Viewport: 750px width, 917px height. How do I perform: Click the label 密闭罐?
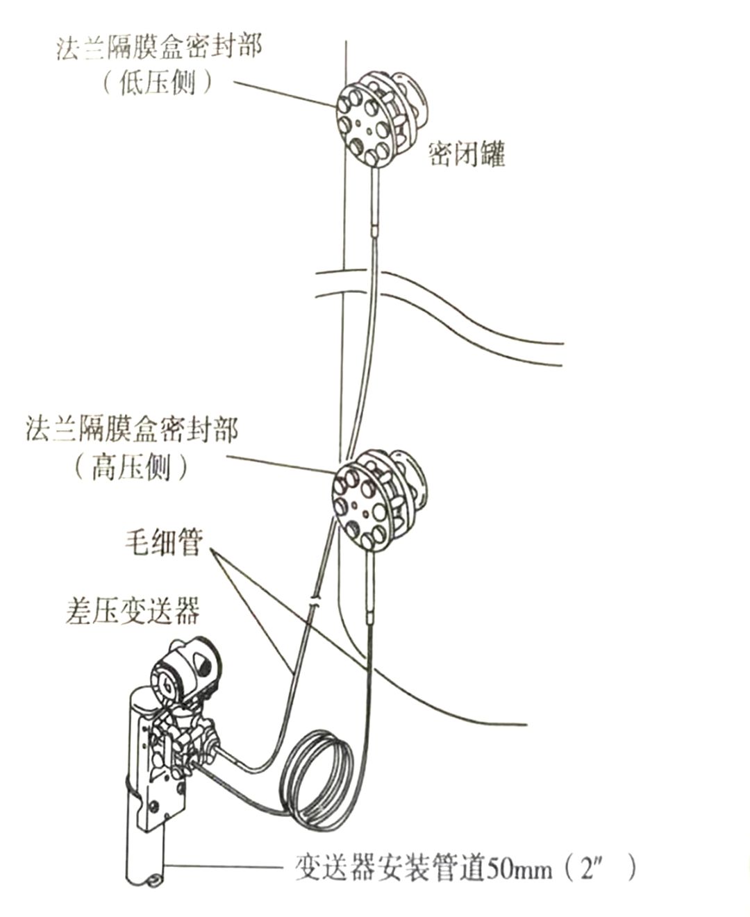[x=467, y=154]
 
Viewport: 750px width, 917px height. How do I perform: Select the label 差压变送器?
[x=133, y=609]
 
